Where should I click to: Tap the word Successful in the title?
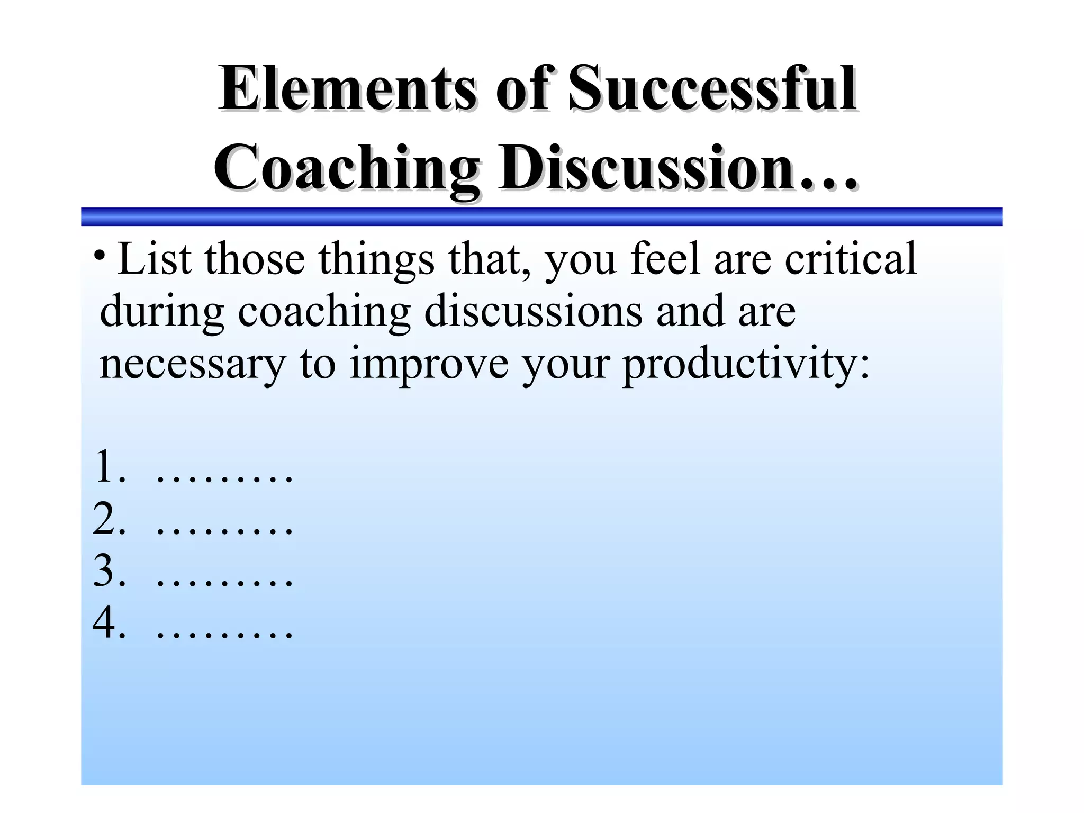pyautogui.click(x=711, y=88)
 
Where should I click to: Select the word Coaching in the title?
pyautogui.click(x=347, y=168)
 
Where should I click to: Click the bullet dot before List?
pyautogui.click(x=99, y=256)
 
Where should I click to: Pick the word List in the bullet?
pyautogui.click(x=154, y=259)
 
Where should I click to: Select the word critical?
pyautogui.click(x=850, y=259)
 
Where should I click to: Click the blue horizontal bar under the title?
pyautogui.click(x=541, y=217)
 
